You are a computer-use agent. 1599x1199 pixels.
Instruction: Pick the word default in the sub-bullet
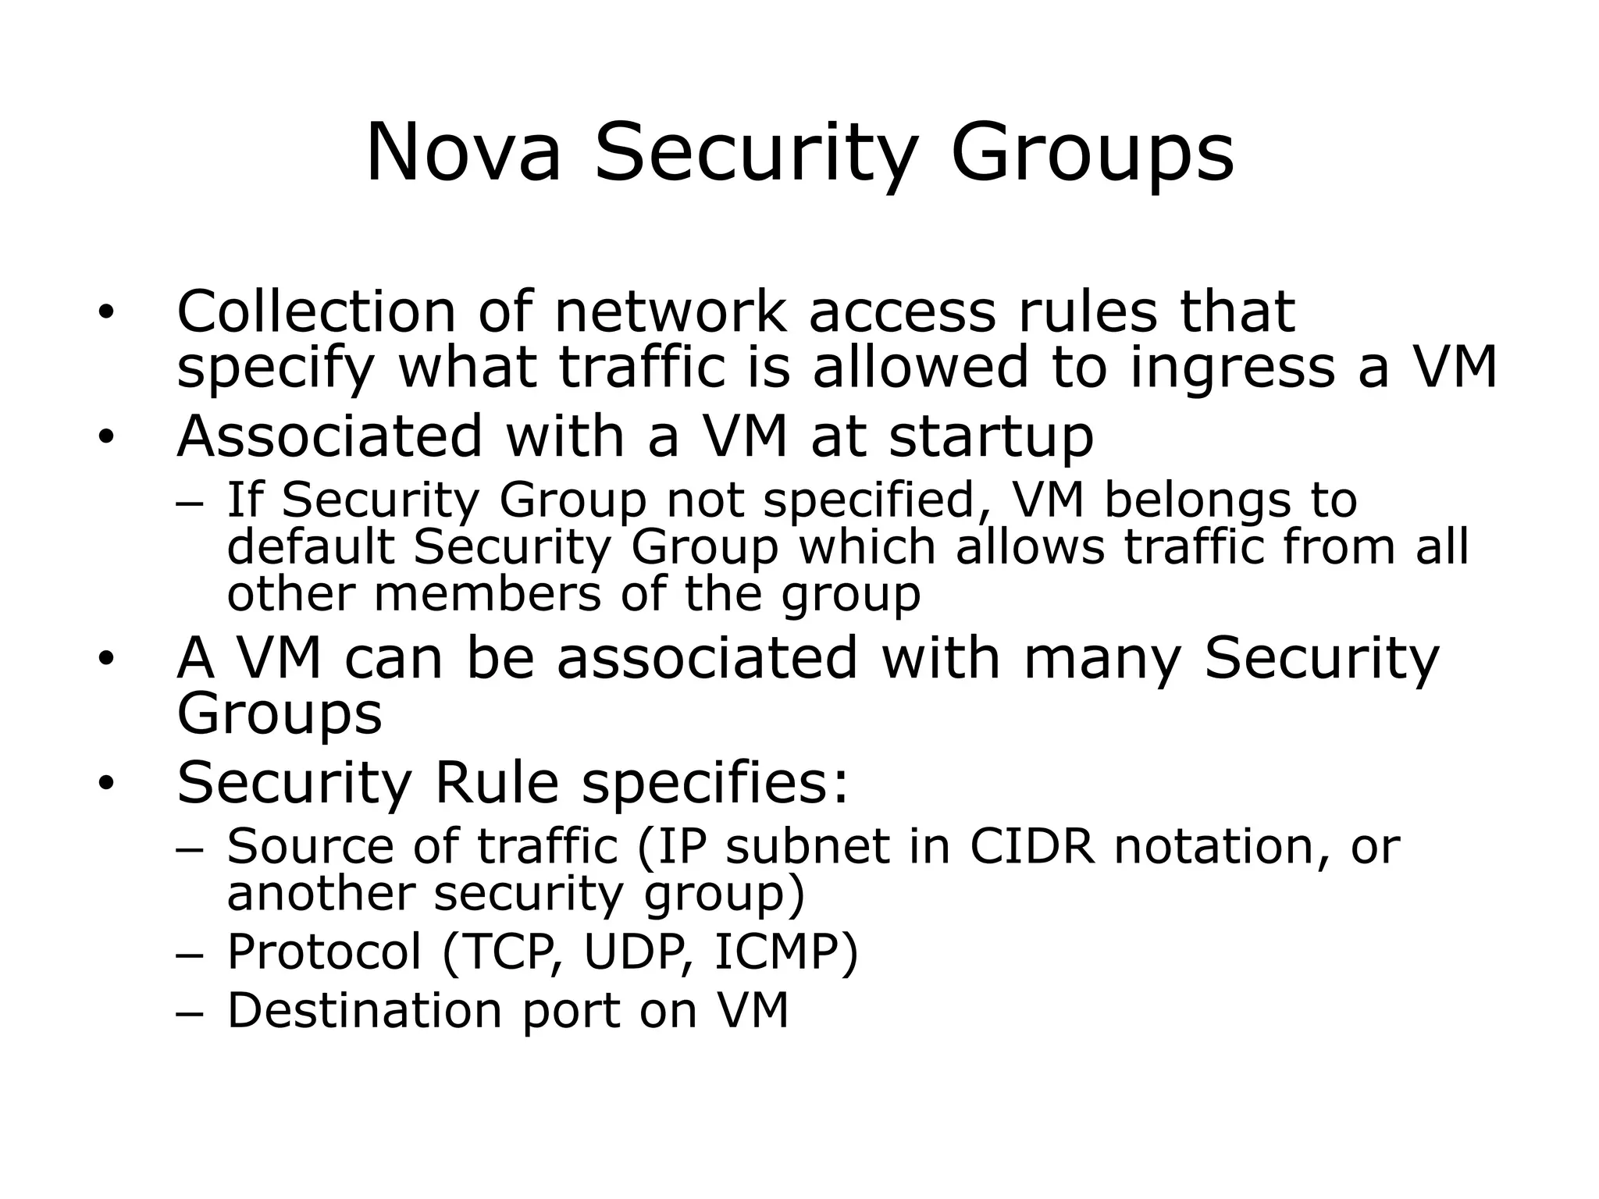[x=311, y=546]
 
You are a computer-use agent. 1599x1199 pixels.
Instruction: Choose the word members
[x=488, y=595]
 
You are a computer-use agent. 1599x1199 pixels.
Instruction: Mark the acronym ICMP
[x=781, y=952]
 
